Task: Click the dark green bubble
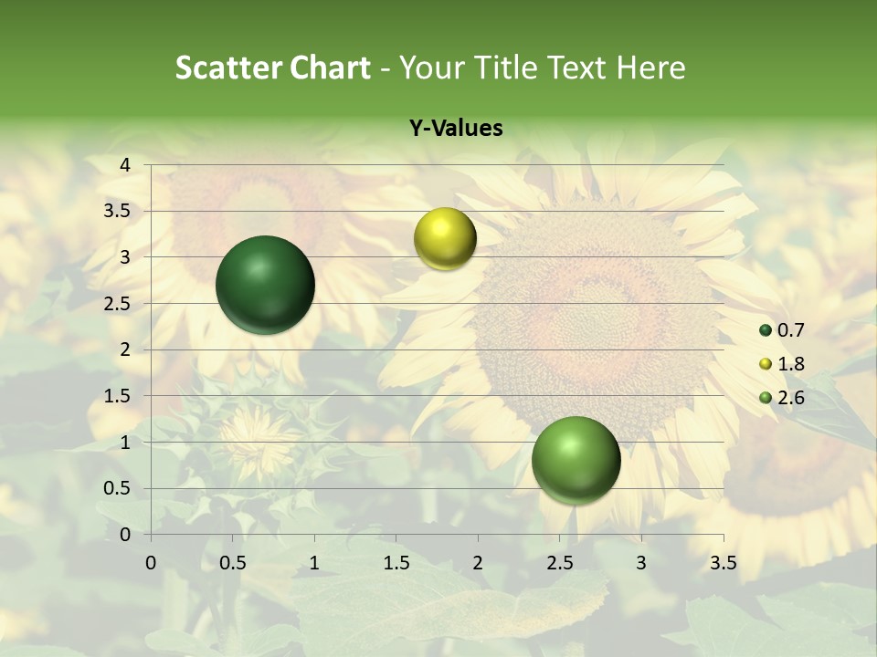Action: [265, 285]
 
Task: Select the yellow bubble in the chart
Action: [445, 238]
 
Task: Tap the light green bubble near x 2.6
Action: [576, 460]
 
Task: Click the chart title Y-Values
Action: [456, 129]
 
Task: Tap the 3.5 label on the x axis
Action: [723, 563]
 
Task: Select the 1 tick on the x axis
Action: [314, 563]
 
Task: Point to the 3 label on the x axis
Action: [641, 563]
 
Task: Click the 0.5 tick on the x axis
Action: [233, 563]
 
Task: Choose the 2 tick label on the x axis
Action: [478, 563]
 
